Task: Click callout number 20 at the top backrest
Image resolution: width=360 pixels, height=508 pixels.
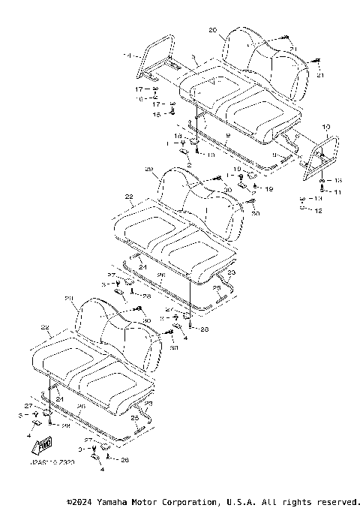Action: tap(212, 30)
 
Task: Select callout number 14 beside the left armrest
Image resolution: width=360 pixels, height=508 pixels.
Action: tap(127, 56)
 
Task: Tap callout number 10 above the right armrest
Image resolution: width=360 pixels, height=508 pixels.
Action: tap(325, 128)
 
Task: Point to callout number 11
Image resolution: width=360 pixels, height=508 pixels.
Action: tap(338, 193)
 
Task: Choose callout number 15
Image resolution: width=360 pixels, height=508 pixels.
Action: tap(157, 114)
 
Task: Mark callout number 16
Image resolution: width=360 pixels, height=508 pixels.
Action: tap(139, 98)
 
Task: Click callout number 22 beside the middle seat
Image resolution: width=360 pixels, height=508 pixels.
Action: tap(129, 197)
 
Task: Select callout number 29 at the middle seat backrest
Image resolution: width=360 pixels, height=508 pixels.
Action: tap(148, 169)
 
